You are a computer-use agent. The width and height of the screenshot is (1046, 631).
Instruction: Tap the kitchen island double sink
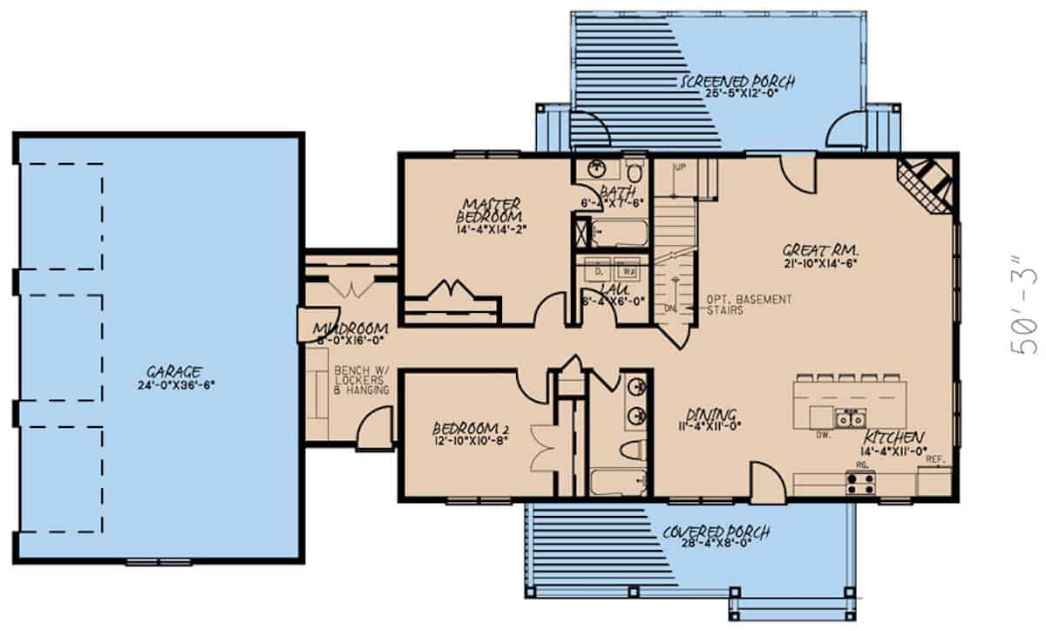[x=845, y=420]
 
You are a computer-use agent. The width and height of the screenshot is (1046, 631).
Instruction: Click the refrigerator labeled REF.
[x=935, y=479]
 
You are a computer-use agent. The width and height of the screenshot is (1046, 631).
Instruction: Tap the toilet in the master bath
[x=635, y=167]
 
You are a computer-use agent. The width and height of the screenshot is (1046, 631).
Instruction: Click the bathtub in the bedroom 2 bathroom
[x=617, y=481]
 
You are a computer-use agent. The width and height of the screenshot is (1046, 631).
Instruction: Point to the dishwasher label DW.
[x=821, y=432]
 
